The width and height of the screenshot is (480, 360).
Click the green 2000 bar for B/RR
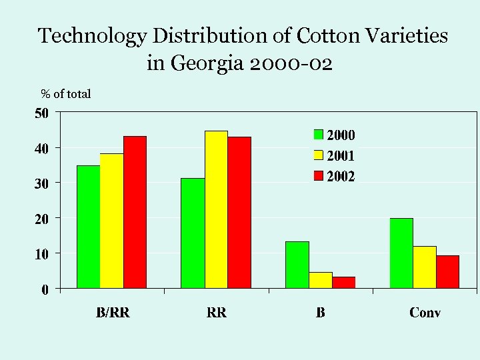click(88, 227)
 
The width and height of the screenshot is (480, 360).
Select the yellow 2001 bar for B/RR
click(111, 221)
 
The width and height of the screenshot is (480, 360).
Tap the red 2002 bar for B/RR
click(135, 212)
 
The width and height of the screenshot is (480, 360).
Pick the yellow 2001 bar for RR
click(216, 209)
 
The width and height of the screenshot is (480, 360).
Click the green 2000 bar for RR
click(193, 233)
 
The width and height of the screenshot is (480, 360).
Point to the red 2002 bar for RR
click(239, 213)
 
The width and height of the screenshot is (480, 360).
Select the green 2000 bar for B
click(297, 265)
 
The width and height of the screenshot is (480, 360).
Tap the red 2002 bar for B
click(343, 283)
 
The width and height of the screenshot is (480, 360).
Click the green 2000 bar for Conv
click(401, 253)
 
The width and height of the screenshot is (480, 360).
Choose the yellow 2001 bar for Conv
click(425, 267)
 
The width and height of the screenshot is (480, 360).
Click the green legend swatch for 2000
click(319, 135)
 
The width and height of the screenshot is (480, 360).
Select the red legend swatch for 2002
click(319, 177)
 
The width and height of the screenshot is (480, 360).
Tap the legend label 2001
click(340, 156)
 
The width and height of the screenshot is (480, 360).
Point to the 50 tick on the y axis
click(41, 113)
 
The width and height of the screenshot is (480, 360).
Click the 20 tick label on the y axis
click(41, 218)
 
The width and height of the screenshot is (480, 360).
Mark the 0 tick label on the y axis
click(45, 289)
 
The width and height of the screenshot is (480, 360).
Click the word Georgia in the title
click(207, 64)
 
